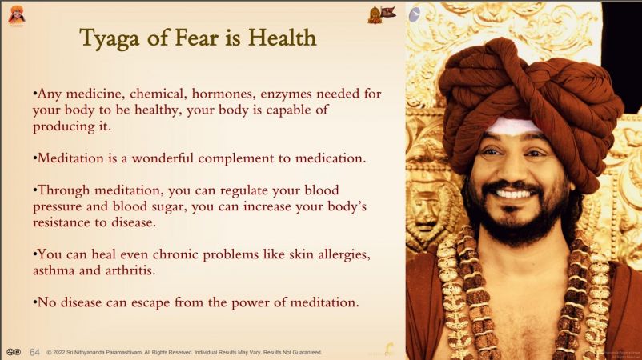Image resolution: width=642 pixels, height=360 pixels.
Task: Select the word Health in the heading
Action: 282,38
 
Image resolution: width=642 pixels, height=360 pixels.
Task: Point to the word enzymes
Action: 286,94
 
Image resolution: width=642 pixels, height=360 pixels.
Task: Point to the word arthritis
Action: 130,270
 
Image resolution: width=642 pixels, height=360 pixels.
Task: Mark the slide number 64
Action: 34,352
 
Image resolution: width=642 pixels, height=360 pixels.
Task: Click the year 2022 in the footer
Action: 59,352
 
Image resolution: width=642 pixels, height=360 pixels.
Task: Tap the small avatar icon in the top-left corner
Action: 16,16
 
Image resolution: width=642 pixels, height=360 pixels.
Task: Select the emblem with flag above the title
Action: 382,14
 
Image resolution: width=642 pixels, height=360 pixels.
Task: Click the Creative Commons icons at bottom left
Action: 14,352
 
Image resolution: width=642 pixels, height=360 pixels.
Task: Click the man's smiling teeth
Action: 514,193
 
